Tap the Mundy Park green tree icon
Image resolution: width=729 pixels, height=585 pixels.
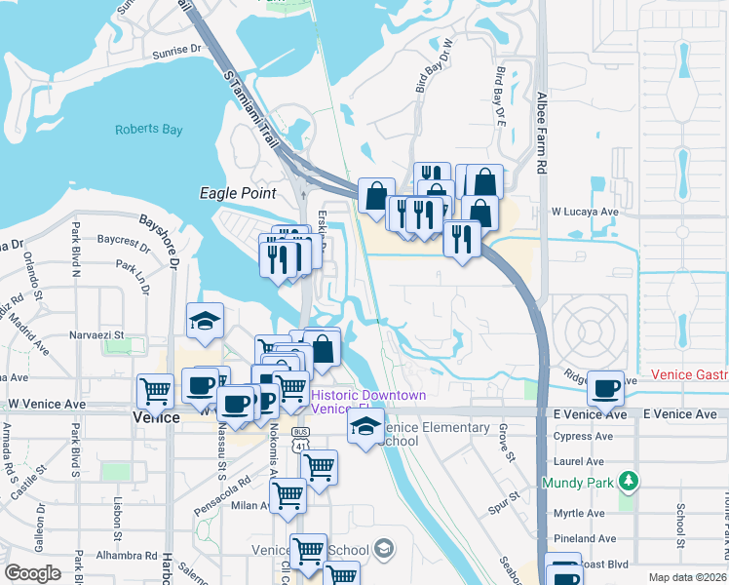point(630,481)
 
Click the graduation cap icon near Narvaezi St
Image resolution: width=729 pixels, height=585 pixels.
point(206,320)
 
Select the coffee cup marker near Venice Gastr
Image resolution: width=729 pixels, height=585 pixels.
point(605,386)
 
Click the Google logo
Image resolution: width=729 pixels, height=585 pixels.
point(33,573)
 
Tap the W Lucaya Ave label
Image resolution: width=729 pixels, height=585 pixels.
point(585,211)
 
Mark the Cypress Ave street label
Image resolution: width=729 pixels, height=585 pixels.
point(585,437)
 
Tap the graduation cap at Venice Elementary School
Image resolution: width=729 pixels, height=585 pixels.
point(365,427)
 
